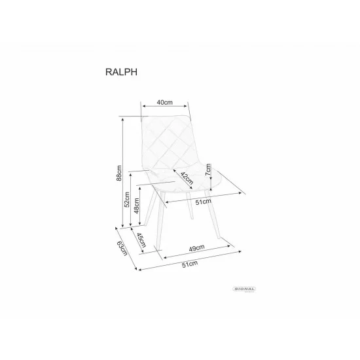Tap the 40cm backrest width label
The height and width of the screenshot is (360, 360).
pos(164,102)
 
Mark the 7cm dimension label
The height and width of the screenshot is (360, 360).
pos(209,171)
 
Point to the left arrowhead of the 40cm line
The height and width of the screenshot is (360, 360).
pos(143,107)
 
